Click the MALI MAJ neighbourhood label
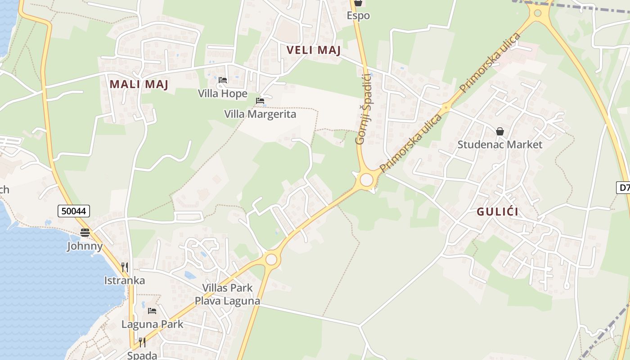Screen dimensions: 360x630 (139, 84)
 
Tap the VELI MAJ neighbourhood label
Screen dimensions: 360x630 (314, 50)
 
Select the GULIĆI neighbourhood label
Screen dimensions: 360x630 (497, 211)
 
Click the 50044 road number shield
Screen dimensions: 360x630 (74, 211)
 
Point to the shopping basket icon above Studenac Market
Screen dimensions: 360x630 (499, 131)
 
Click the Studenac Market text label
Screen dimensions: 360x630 (499, 144)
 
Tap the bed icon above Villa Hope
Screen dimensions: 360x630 (223, 81)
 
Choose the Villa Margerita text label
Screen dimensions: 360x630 (260, 114)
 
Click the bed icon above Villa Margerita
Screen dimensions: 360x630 (260, 101)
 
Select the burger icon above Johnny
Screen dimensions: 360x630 (85, 233)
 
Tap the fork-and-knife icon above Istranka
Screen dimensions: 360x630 (125, 267)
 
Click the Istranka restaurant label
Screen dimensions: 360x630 (125, 280)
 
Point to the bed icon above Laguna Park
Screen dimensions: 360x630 (152, 311)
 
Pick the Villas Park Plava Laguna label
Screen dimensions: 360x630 (227, 294)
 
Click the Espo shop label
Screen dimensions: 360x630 (358, 15)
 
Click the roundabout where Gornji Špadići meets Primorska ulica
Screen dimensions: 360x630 (367, 180)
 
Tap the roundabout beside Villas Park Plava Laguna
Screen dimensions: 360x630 (271, 259)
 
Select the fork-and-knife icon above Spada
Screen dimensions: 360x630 (142, 342)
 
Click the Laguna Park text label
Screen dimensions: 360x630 (152, 324)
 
